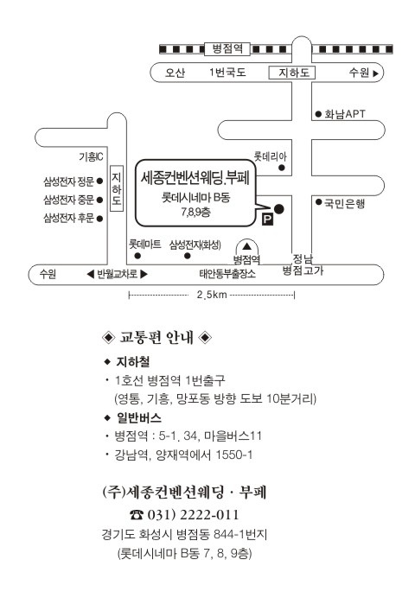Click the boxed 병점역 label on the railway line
[x=227, y=48]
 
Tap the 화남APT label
[x=344, y=114]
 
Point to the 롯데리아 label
[x=270, y=156]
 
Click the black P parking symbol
[x=267, y=219]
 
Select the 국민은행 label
[x=344, y=203]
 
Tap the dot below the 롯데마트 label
[x=137, y=256]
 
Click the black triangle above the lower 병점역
[x=247, y=246]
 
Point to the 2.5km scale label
[x=212, y=295]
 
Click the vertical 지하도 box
[x=117, y=188]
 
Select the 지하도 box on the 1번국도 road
[x=292, y=73]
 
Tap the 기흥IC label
[x=91, y=156]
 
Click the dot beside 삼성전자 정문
[x=99, y=181]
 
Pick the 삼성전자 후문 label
[x=68, y=218]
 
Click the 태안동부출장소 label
[x=227, y=273]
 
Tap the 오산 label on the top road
[x=175, y=73]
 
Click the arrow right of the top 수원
[x=376, y=73]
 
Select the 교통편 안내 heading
[x=156, y=337]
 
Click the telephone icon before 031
[x=137, y=515]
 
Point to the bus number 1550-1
[x=233, y=455]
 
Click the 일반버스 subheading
[x=139, y=417]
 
